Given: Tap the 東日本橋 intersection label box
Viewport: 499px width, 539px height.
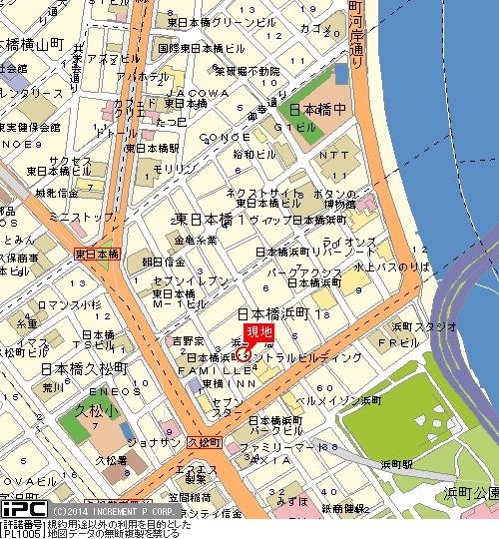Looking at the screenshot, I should [x=96, y=254].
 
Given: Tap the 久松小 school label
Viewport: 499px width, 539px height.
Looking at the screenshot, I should [x=97, y=409].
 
